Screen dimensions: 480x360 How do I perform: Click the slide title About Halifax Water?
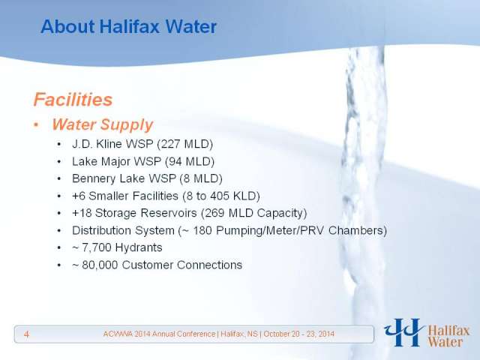[x=128, y=26]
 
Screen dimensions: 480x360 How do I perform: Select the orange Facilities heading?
[x=73, y=100]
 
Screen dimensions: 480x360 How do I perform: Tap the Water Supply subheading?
[x=102, y=124]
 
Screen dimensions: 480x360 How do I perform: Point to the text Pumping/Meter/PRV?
[x=270, y=230]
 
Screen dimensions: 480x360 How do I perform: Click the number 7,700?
[x=97, y=248]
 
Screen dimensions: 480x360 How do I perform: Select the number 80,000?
[x=100, y=265]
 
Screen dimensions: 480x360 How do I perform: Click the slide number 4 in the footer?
[x=27, y=334]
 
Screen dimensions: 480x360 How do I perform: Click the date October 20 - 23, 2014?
[x=298, y=334]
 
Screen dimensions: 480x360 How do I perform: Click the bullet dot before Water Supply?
[x=37, y=125]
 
